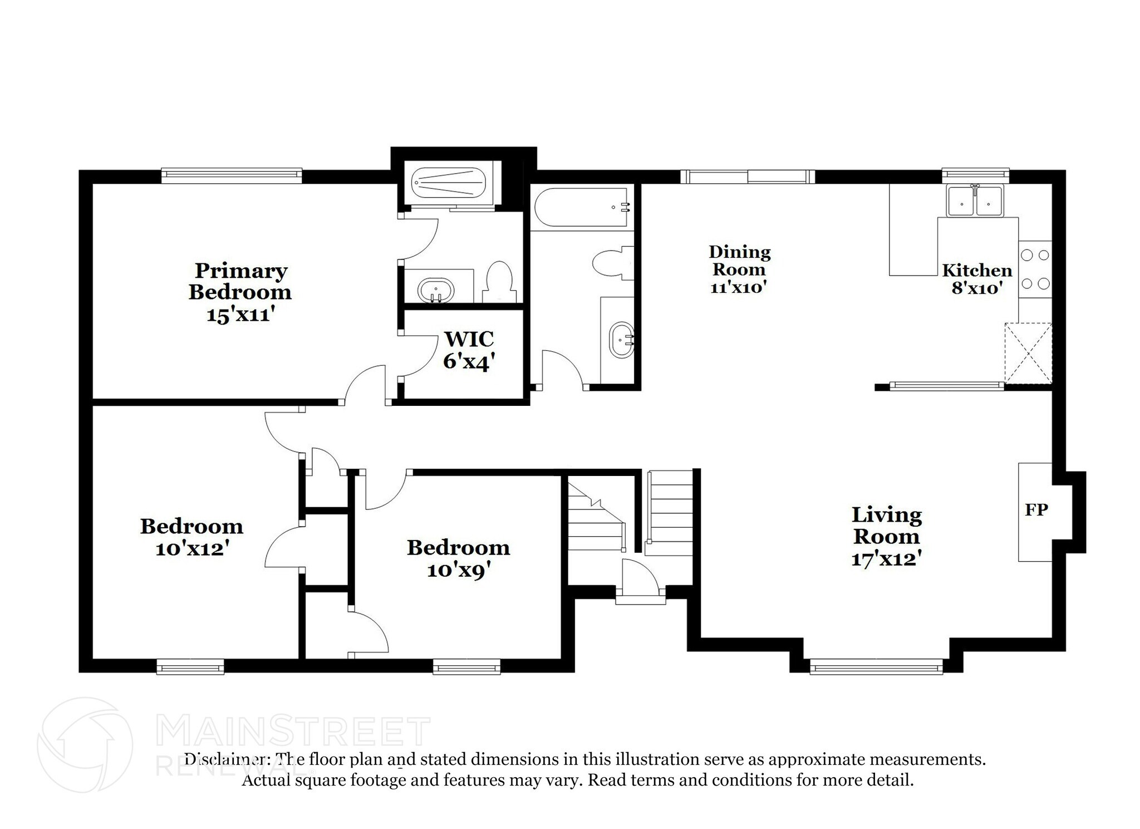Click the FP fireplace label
[x=1036, y=509]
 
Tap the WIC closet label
[x=469, y=339]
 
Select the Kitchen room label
[x=977, y=271]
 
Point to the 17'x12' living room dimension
[x=886, y=558]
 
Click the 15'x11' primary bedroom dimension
[x=241, y=315]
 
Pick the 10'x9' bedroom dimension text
[x=459, y=570]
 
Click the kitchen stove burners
[x=1035, y=269]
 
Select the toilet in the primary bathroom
[x=499, y=282]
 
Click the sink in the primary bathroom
[x=436, y=291]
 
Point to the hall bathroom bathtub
[x=582, y=207]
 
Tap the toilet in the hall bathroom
[x=613, y=263]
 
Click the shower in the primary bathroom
[x=449, y=183]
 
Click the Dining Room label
[x=740, y=261]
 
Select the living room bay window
[x=876, y=666]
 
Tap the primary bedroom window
[x=232, y=175]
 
